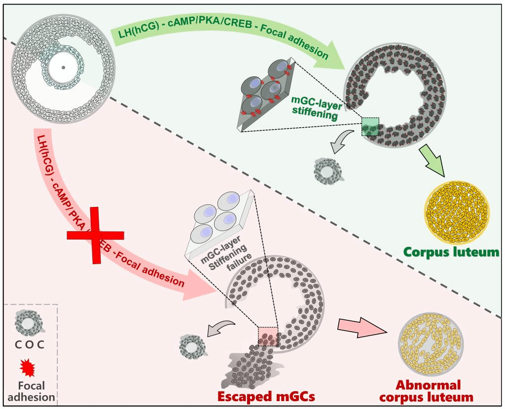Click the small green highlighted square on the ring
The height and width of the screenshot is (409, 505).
coord(370,126)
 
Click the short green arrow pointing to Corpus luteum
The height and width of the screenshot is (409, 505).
coord(433,161)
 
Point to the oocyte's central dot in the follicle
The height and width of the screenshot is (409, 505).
coord(63,68)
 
